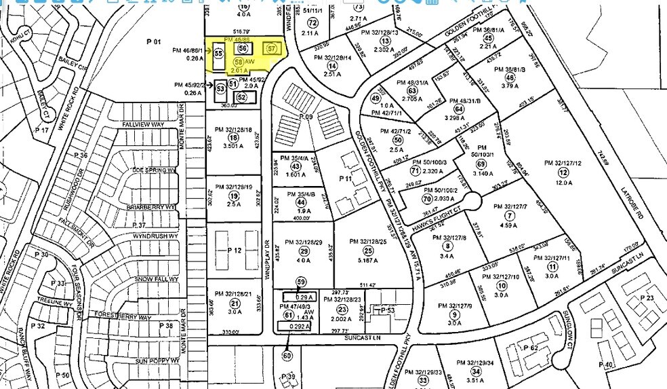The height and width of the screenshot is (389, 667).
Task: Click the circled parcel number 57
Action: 272,49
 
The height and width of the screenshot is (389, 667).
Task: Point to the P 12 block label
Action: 235,251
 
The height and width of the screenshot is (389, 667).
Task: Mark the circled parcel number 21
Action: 235,303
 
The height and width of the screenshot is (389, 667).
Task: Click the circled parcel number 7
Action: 510,215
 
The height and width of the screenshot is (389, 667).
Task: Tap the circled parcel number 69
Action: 482,164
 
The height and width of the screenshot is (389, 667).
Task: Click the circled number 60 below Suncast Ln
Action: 287,355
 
